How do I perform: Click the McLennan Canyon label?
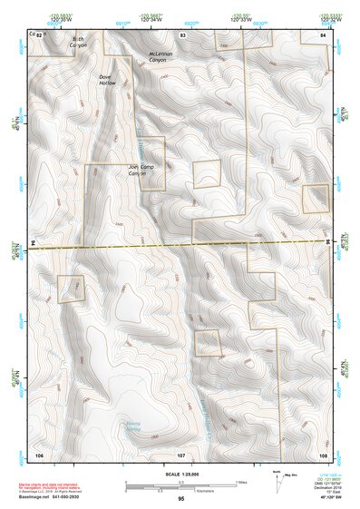(165, 57)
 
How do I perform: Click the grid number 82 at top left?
(38, 34)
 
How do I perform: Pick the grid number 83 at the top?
(182, 34)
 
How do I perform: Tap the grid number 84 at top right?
(322, 34)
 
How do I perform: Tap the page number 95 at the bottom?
(181, 499)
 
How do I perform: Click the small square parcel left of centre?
(71, 289)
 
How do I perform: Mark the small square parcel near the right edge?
(316, 198)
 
